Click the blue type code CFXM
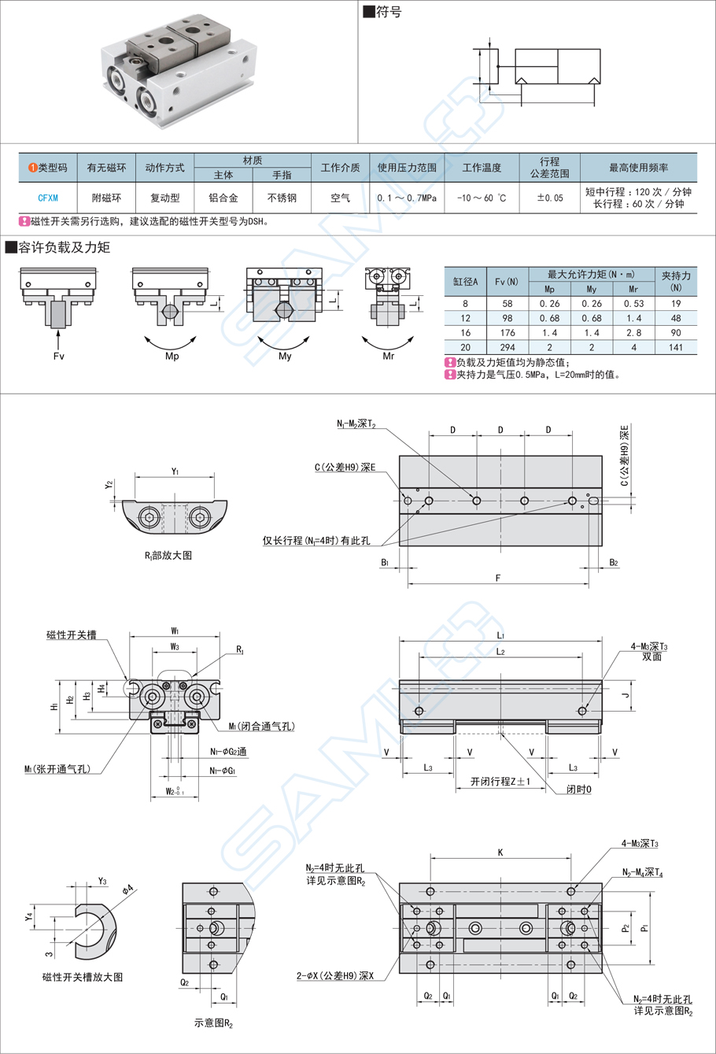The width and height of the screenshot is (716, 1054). tap(48, 198)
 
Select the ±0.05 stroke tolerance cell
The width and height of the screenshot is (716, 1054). tap(549, 198)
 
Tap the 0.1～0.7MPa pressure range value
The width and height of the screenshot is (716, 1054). tap(407, 198)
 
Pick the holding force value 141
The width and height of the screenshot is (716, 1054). tap(676, 347)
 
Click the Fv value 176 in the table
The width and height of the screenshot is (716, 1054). tap(507, 333)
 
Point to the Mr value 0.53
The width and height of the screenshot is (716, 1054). tap(633, 304)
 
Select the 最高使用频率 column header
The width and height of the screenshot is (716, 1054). tap(638, 168)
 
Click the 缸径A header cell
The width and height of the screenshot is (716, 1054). tap(466, 282)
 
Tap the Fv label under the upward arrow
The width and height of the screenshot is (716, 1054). tap(58, 357)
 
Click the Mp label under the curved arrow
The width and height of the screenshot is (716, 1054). tap(172, 357)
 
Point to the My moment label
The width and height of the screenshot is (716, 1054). tap(285, 357)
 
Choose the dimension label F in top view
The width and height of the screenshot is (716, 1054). tap(498, 579)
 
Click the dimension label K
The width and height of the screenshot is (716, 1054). tap(500, 852)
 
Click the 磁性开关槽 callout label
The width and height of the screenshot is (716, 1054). tap(72, 634)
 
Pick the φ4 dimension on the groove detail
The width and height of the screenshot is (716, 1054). tap(127, 890)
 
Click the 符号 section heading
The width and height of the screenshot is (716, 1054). tap(389, 13)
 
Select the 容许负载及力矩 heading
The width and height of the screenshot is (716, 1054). tap(65, 248)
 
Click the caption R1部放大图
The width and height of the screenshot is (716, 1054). tap(168, 555)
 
